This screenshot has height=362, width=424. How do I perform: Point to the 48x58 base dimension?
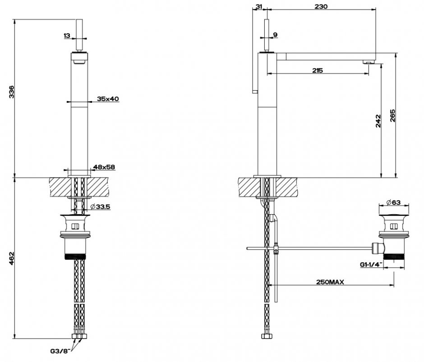[x=104, y=167]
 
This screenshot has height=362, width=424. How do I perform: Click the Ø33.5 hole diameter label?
[x=100, y=206]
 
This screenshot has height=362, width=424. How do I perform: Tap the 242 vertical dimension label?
[x=378, y=121]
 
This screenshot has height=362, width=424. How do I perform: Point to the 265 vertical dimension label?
[x=392, y=116]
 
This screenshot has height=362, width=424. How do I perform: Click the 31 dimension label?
[x=258, y=6]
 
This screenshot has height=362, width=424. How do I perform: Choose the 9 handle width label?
[x=276, y=35]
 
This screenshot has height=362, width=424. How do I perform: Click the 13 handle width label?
[x=67, y=35]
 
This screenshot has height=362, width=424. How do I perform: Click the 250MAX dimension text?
[x=330, y=282]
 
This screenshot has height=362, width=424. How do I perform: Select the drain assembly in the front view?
[x=76, y=237]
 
